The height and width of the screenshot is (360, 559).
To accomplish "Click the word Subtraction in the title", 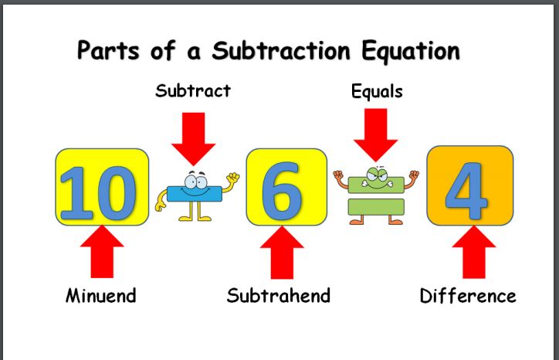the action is click(281, 50).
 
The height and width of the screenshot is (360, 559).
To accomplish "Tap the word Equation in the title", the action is click(411, 52).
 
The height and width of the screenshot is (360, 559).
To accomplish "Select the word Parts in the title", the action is click(108, 50).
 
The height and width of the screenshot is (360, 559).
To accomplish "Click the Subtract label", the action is click(193, 90).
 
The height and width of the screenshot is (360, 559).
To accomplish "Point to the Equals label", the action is click(377, 91).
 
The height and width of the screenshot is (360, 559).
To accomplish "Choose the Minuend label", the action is click(101, 296).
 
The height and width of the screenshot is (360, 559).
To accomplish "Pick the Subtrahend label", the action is click(279, 295).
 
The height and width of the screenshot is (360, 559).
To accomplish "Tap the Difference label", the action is click(468, 296).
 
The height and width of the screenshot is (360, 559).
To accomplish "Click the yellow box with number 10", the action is click(102, 187).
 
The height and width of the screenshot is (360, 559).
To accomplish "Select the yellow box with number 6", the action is click(286, 187).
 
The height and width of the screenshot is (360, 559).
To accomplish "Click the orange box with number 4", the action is click(470, 185).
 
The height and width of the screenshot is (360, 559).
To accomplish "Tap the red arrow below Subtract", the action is click(193, 139).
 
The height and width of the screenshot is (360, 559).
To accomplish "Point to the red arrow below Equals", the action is click(376, 135).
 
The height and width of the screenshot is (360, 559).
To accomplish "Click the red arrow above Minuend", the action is click(102, 252).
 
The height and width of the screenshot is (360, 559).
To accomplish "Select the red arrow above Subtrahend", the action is click(282, 253).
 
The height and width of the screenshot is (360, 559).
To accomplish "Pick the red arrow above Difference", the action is click(474, 252).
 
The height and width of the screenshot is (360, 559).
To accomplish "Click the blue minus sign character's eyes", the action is click(195, 182).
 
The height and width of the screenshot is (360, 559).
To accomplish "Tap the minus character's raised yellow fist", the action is click(233, 177).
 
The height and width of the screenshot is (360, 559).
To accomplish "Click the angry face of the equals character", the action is click(377, 178).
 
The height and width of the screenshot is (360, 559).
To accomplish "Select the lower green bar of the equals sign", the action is click(376, 207).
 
